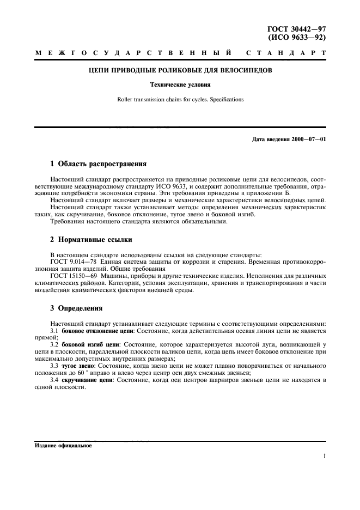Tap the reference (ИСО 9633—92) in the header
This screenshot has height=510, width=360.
pyautogui.click(x=303, y=37)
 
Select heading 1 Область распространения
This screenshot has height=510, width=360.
pyautogui.click(x=99, y=163)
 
